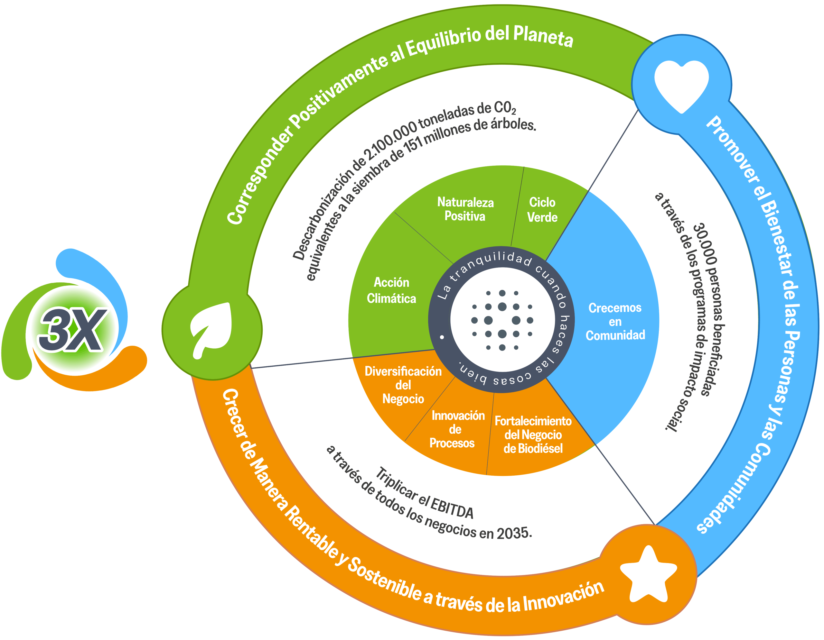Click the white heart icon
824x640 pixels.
(x=681, y=85)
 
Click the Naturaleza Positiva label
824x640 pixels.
(x=465, y=209)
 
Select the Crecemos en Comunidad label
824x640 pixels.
(x=615, y=322)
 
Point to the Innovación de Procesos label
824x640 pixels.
(x=456, y=429)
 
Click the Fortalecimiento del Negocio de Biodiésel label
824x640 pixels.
(x=533, y=434)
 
